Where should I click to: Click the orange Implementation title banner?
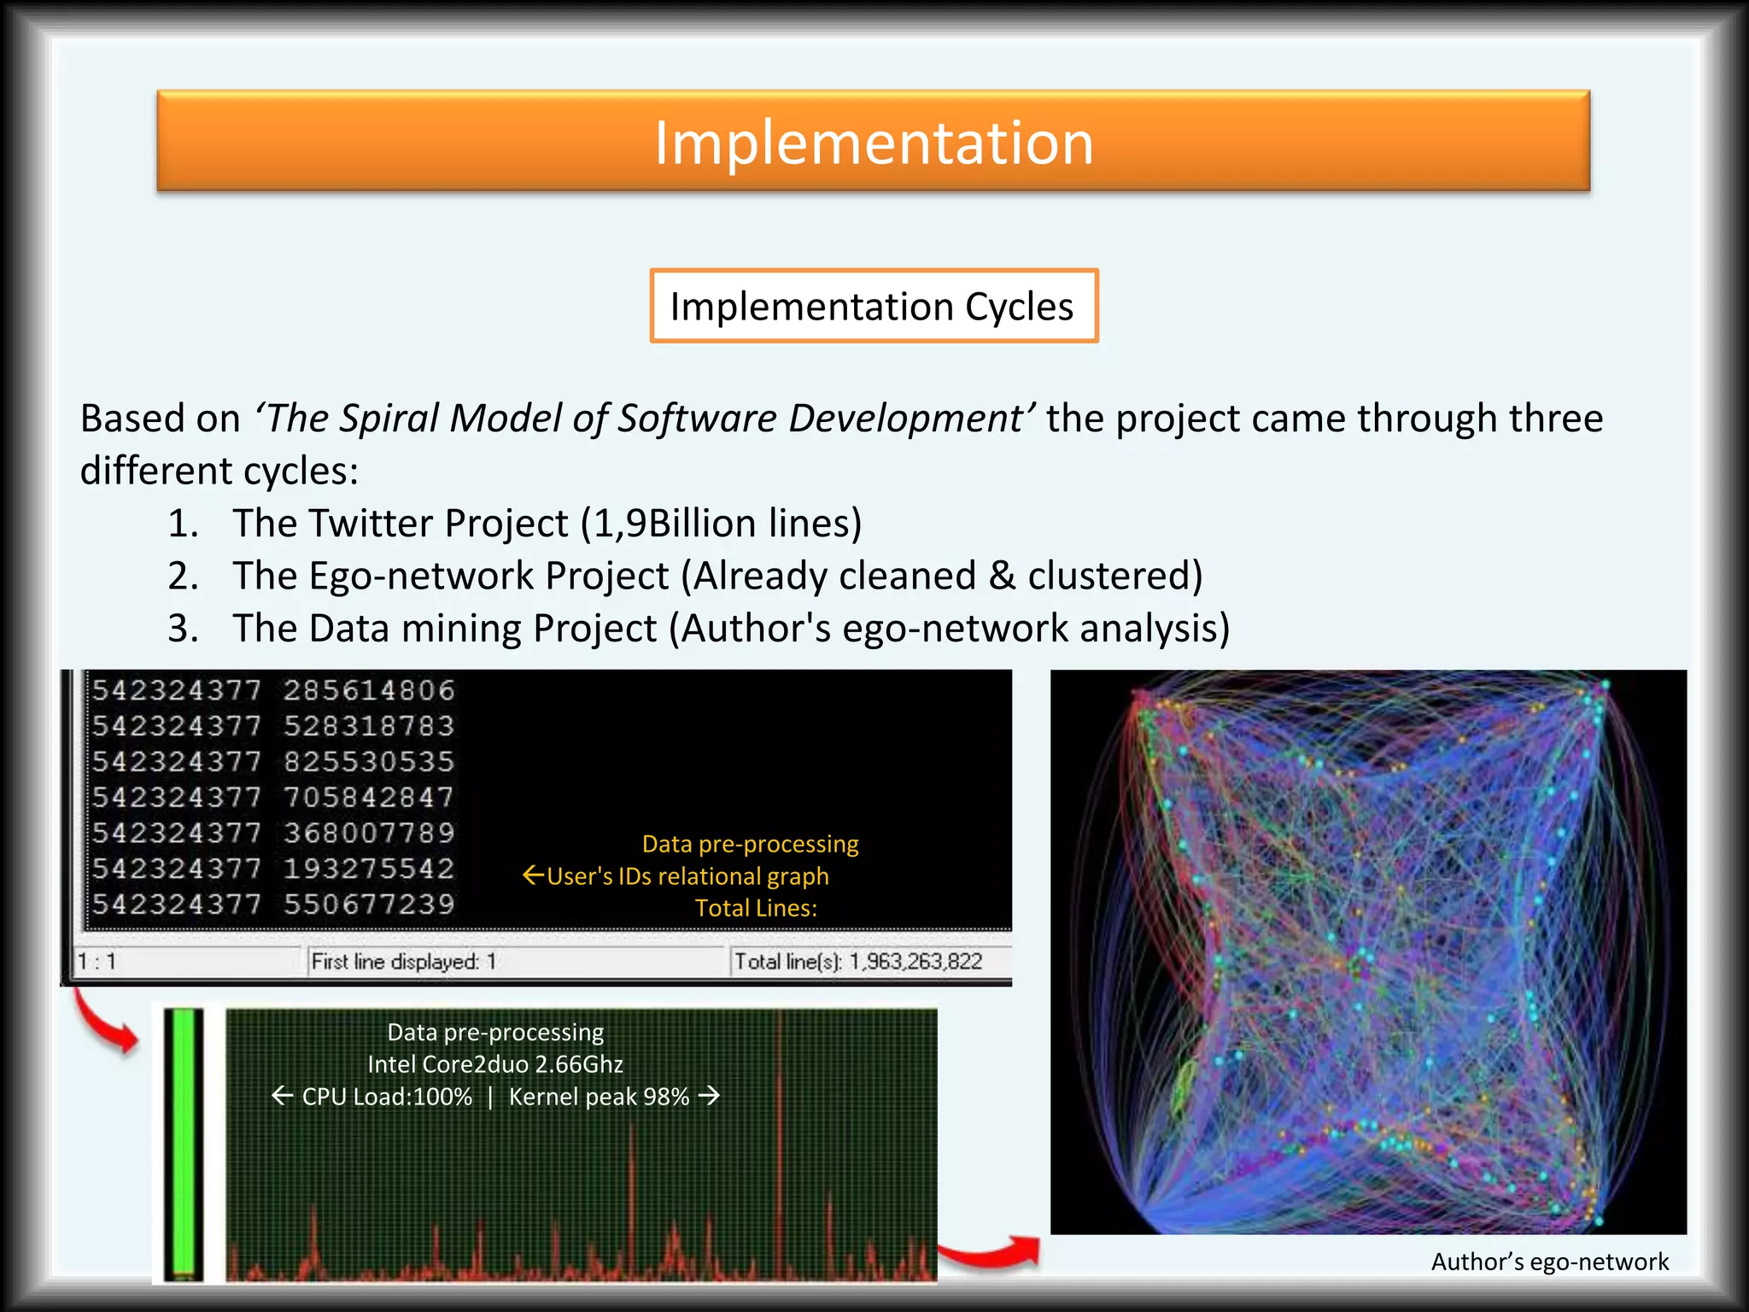point(873,141)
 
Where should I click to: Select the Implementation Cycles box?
point(873,306)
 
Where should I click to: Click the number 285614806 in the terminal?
point(369,690)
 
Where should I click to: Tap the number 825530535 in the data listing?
point(369,762)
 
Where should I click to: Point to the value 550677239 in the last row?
point(369,905)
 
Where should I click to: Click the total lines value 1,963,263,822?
point(915,962)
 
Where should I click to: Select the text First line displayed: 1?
point(403,962)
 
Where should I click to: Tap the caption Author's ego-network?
point(1549,1262)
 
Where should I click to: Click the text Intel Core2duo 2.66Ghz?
point(495,1064)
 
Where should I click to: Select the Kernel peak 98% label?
point(599,1097)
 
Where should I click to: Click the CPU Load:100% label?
point(387,1097)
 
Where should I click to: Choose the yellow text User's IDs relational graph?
point(687,876)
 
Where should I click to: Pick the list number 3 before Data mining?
point(182,629)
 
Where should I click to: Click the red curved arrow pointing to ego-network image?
point(991,1252)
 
